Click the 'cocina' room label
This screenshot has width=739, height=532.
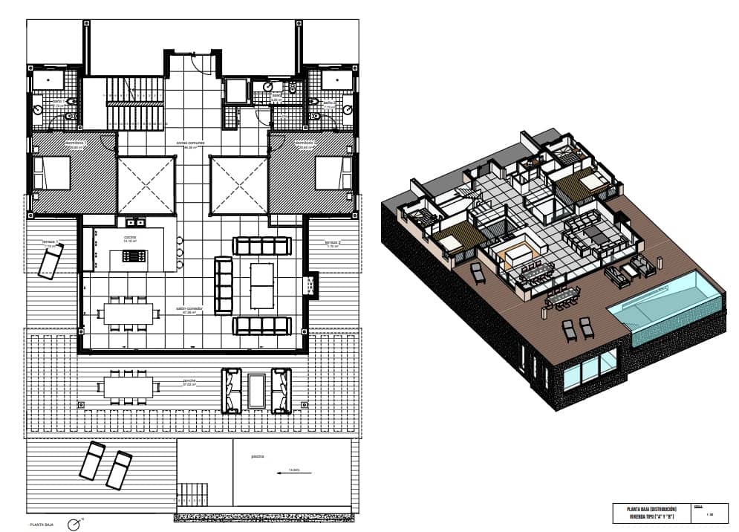point(129,238)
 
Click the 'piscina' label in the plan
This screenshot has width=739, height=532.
point(258,457)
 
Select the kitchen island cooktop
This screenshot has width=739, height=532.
point(134,256)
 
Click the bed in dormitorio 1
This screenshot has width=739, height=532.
point(52,172)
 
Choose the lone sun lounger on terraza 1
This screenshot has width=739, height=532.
point(51,262)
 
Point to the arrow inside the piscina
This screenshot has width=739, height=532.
point(290,470)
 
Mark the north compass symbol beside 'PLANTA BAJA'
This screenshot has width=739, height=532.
point(74,525)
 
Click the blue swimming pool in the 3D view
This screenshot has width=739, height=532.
point(664,300)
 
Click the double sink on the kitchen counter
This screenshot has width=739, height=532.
point(135,222)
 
